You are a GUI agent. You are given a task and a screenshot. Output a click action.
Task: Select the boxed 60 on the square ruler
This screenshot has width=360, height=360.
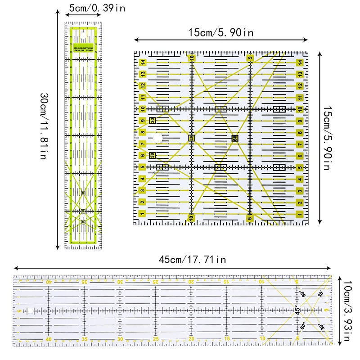pyautogui.click(x=234, y=138)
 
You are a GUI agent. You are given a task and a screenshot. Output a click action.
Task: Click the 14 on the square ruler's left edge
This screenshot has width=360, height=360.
pyautogui.click(x=142, y=63)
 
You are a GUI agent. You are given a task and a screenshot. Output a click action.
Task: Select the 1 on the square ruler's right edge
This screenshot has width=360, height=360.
pyautogui.click(x=300, y=213)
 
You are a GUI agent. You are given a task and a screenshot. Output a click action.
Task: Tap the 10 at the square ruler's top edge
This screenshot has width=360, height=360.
pyautogui.click(x=192, y=58)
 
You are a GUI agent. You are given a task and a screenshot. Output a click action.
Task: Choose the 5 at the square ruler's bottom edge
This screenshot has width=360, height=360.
pyautogui.click(x=250, y=218)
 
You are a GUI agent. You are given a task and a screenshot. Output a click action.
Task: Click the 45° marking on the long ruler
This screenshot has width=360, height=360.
pyautogui.click(x=297, y=310)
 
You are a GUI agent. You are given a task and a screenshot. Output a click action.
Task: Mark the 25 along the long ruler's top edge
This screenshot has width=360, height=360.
pyautogui.click(x=156, y=282)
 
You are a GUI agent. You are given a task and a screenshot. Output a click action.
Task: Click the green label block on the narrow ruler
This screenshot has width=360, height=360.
pyautogui.click(x=83, y=45)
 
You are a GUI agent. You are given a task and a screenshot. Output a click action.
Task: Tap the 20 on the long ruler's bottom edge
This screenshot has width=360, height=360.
pyautogui.click(x=191, y=339)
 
